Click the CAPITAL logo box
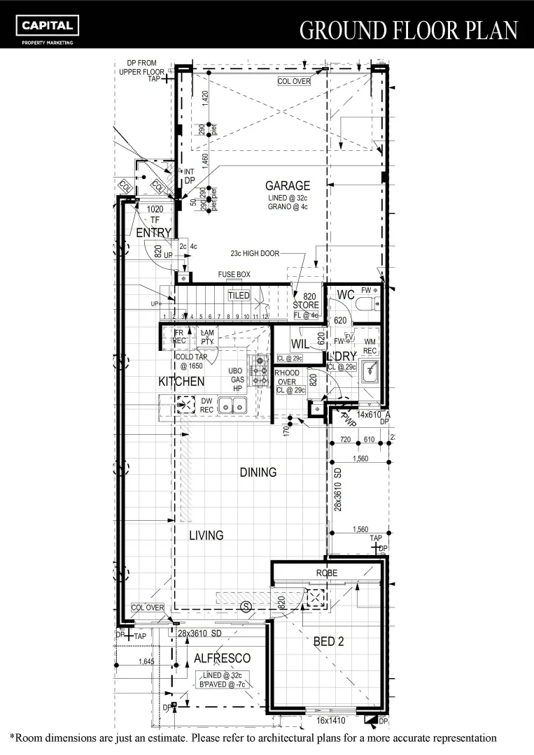(x=48, y=26)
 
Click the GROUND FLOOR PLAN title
(x=409, y=30)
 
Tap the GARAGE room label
(x=287, y=185)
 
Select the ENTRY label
(x=153, y=233)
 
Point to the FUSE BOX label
(x=234, y=275)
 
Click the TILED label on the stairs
(x=239, y=296)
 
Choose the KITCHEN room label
(x=181, y=381)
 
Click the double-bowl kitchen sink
(x=232, y=405)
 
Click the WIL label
(x=300, y=343)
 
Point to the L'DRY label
(x=342, y=355)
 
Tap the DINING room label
(x=258, y=473)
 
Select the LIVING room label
(x=206, y=535)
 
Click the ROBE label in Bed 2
(x=326, y=573)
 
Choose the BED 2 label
(x=328, y=641)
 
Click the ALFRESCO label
(x=222, y=658)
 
